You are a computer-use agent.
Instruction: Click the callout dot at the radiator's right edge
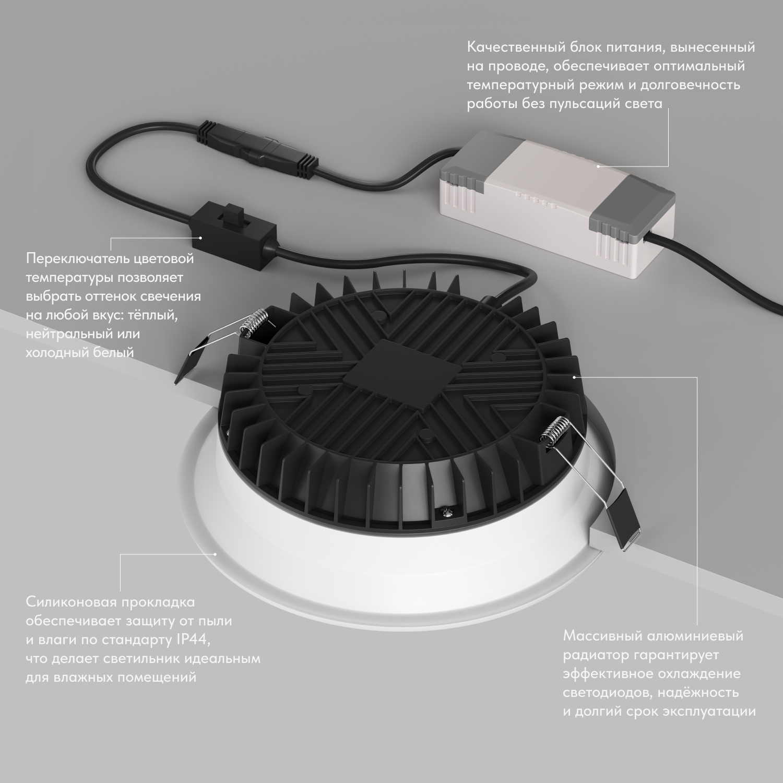pyautogui.click(x=574, y=376)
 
